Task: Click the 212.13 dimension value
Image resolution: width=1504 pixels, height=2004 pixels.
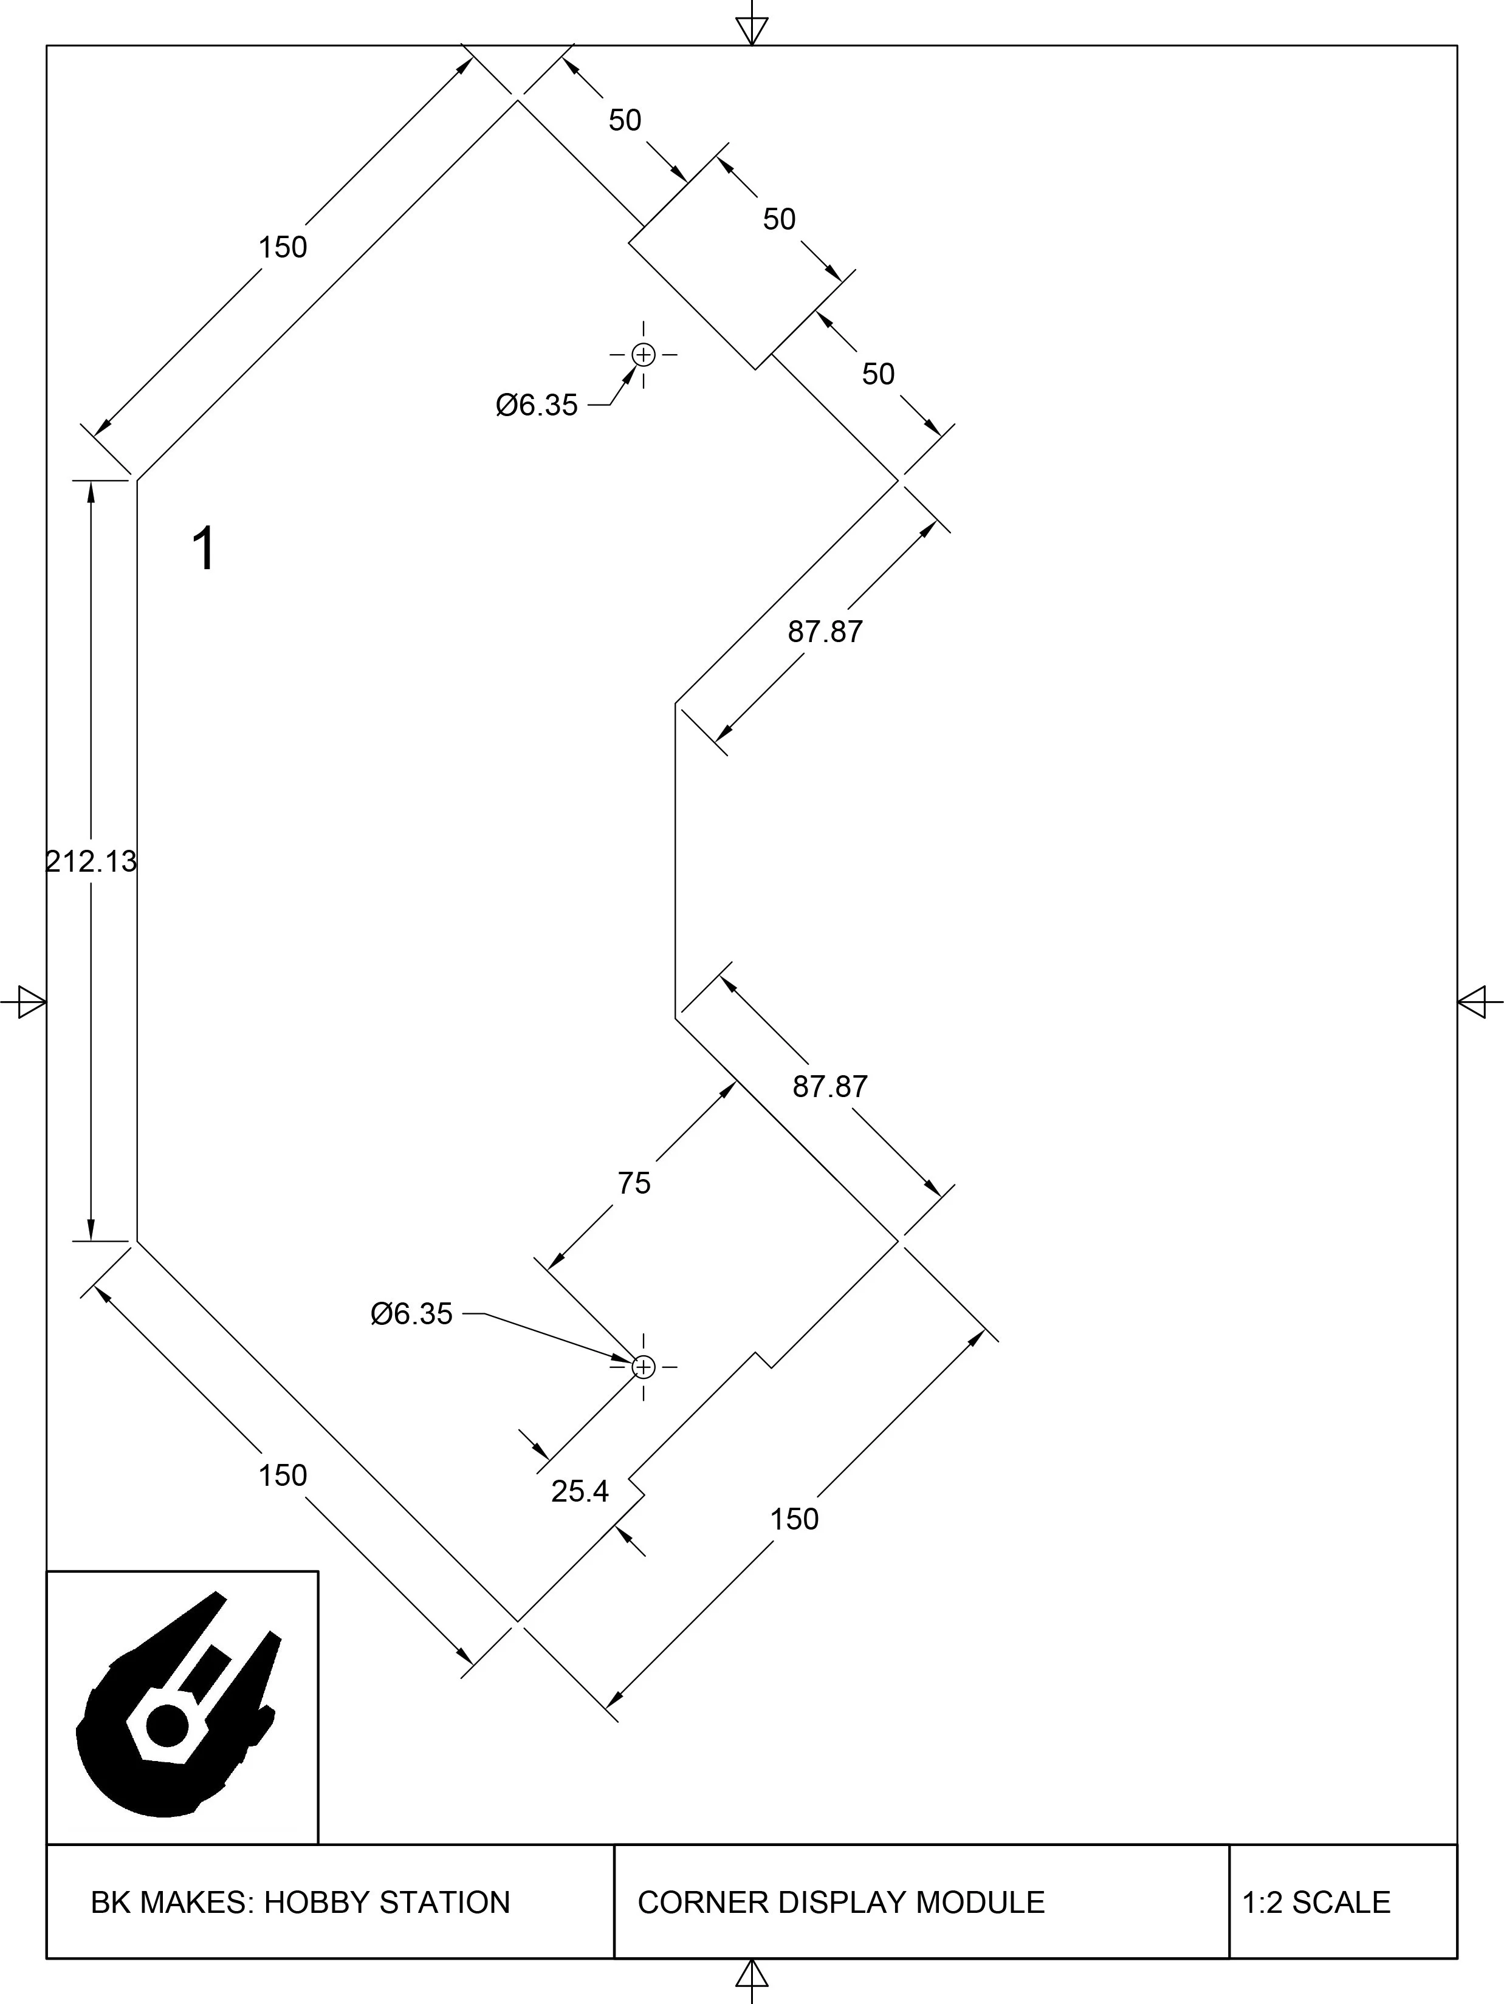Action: (92, 861)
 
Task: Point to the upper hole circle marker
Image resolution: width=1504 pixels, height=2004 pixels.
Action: (644, 354)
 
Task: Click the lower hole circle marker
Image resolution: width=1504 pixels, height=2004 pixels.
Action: (644, 1366)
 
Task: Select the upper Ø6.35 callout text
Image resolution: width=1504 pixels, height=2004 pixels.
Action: (537, 405)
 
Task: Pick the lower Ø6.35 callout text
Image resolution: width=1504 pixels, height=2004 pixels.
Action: (411, 1314)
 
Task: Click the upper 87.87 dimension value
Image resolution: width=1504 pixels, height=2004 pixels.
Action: (825, 632)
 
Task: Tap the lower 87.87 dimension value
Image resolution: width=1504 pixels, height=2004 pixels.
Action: (830, 1086)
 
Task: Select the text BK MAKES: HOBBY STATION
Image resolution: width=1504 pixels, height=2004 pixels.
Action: (300, 1901)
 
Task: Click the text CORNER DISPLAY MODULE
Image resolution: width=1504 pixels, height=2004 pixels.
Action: (841, 1901)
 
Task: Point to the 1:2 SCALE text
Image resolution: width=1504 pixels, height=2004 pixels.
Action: (1316, 1901)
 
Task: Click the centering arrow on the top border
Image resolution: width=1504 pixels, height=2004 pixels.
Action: (752, 30)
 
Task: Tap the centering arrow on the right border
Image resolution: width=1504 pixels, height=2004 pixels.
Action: (1474, 1002)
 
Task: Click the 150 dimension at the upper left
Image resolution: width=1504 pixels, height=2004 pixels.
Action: (283, 247)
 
